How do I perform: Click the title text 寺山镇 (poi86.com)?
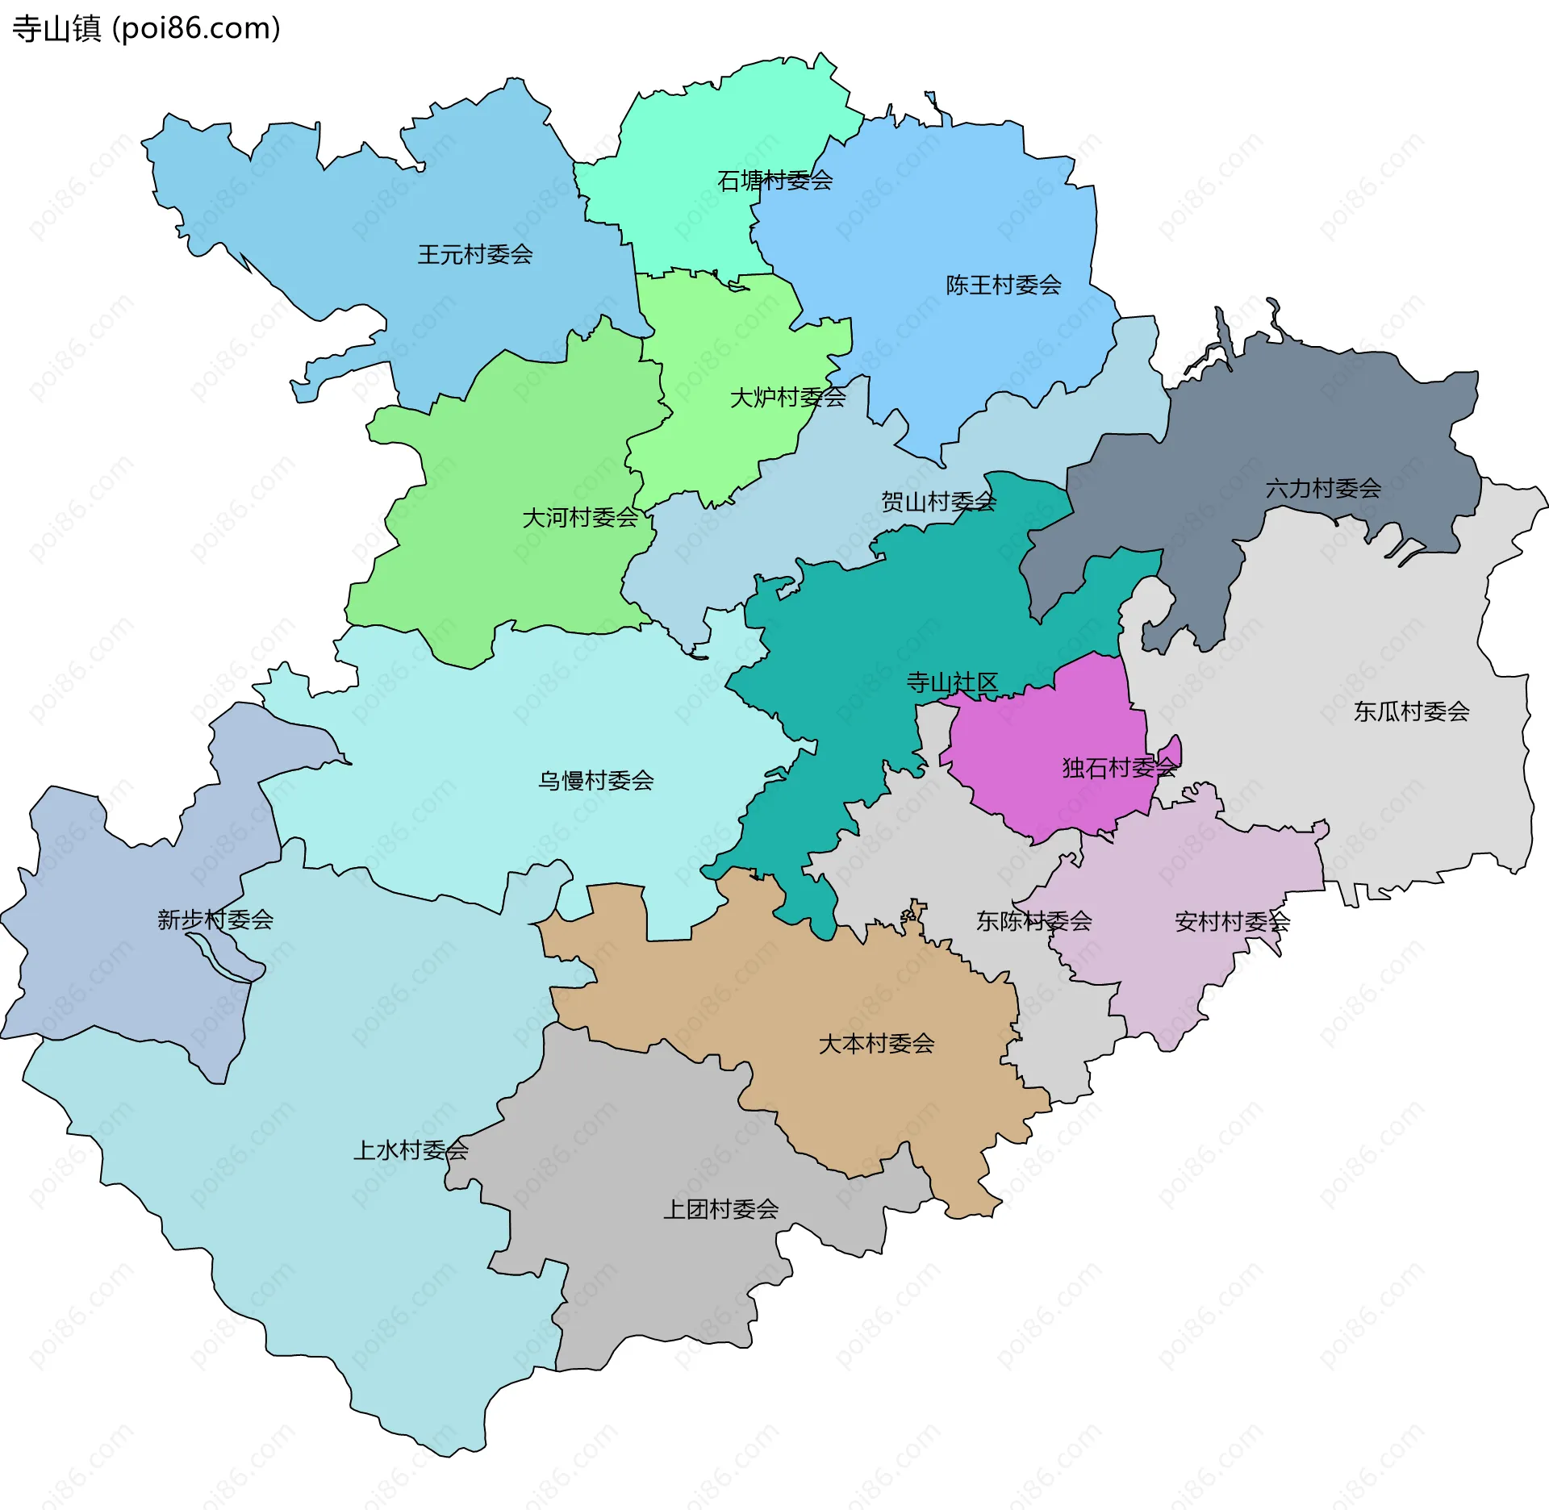(146, 28)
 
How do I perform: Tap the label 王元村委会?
(475, 255)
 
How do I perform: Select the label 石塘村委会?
(774, 181)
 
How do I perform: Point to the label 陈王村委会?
(1003, 285)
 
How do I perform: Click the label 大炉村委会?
(787, 398)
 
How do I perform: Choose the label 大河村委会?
(580, 518)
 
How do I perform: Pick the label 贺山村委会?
(938, 503)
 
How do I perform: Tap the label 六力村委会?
(1323, 488)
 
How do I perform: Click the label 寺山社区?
(952, 683)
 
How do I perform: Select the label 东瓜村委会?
(1411, 711)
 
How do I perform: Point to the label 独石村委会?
(1119, 768)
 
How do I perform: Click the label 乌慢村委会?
(595, 781)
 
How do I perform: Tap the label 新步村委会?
(215, 920)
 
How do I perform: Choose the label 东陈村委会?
(1033, 921)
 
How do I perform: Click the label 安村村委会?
(1232, 922)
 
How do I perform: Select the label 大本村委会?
(876, 1044)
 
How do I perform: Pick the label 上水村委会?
(411, 1150)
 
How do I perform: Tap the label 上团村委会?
(720, 1209)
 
